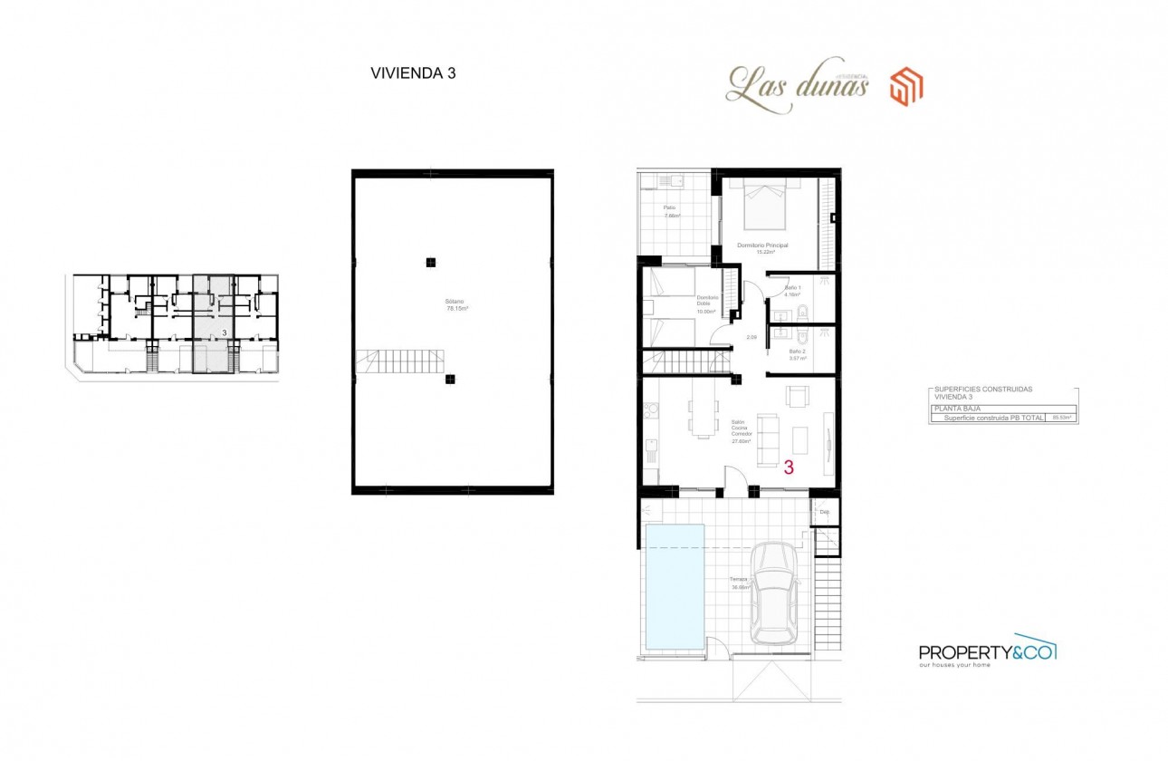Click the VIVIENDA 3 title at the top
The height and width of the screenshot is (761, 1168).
tap(413, 74)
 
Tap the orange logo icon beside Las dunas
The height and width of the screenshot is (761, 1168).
tap(905, 87)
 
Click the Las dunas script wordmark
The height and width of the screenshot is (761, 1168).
tap(797, 87)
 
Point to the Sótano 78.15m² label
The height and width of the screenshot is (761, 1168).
tap(450, 304)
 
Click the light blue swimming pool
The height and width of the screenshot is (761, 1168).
tap(674, 586)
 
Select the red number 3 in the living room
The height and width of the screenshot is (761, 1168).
tap(789, 468)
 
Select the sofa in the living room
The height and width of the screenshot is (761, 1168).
tap(767, 440)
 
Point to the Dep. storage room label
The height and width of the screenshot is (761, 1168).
tap(824, 513)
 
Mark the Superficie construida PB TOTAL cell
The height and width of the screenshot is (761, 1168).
tap(993, 418)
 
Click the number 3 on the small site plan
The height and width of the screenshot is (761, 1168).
tap(224, 333)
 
